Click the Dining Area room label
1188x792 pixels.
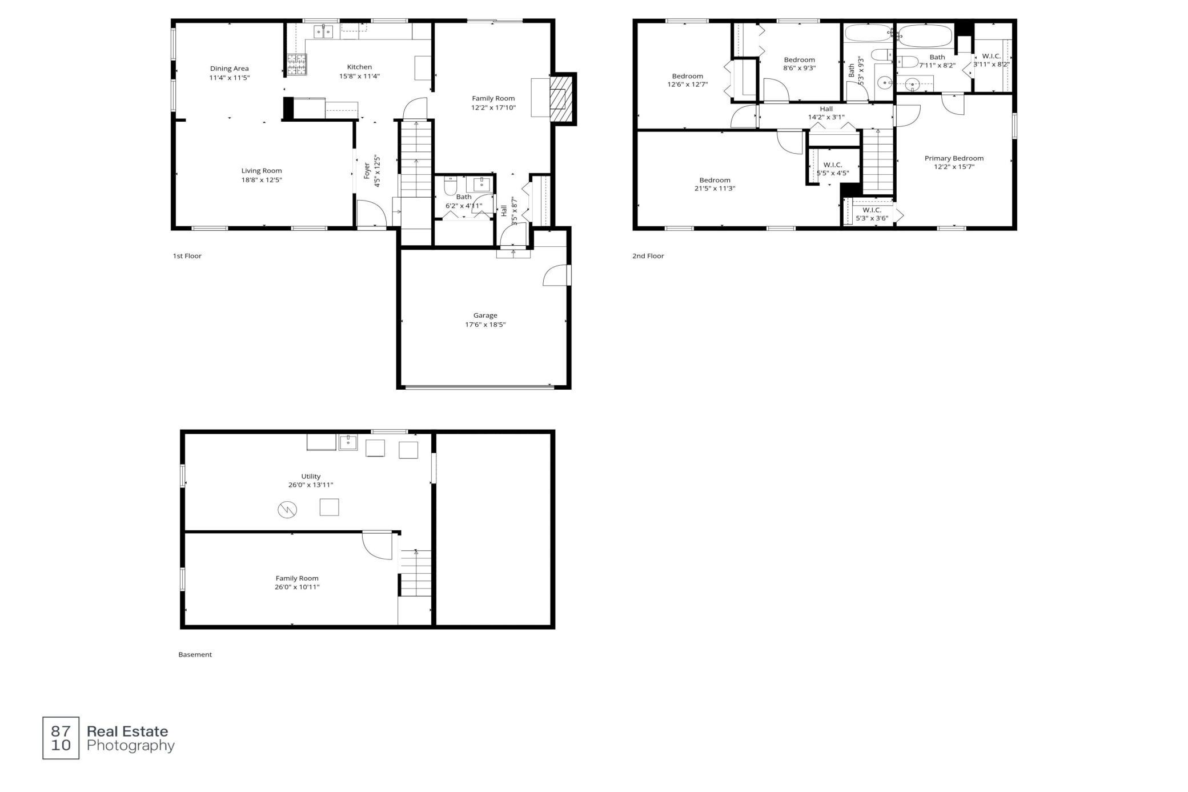[x=229, y=69]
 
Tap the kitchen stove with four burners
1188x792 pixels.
[x=296, y=65]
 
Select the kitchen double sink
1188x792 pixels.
[x=323, y=31]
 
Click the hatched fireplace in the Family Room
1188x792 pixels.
[x=558, y=99]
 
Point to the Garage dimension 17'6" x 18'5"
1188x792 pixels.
[x=485, y=325]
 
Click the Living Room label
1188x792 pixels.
[x=262, y=170]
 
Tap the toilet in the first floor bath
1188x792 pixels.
[x=450, y=185]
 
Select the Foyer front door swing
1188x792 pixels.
[x=371, y=213]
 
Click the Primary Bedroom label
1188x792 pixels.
[x=954, y=158]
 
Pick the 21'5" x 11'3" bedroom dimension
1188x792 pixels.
[x=715, y=189]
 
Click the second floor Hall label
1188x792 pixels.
[x=826, y=109]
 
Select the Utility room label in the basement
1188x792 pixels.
[x=311, y=476]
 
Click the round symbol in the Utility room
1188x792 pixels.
[x=287, y=509]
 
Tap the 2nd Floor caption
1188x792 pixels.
[x=648, y=256]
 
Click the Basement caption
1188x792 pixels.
[x=195, y=654]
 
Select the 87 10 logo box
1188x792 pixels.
[x=61, y=738]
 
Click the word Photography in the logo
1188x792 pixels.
[x=130, y=746]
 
